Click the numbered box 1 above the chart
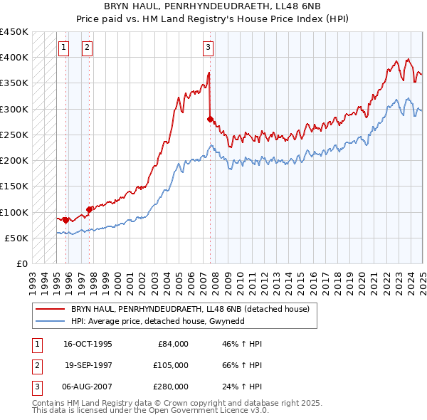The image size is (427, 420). pyautogui.click(x=63, y=48)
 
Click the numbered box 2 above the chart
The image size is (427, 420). pyautogui.click(x=87, y=48)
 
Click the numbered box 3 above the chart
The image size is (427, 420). pyautogui.click(x=208, y=48)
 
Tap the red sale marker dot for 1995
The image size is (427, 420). pyautogui.click(x=65, y=220)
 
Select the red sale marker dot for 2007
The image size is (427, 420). pyautogui.click(x=210, y=119)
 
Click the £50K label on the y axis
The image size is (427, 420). pyautogui.click(x=16, y=238)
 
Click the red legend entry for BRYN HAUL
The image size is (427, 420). pyautogui.click(x=189, y=310)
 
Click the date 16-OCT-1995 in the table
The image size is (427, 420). pyautogui.click(x=88, y=344)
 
